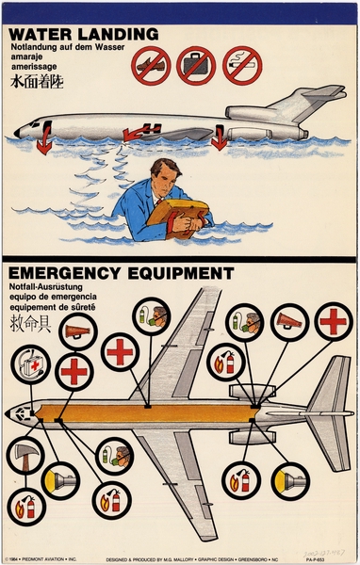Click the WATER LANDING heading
83,34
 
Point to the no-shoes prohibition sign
150,67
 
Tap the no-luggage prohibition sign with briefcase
196,66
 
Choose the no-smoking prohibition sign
242,66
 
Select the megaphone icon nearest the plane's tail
289,322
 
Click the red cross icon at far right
333,321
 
